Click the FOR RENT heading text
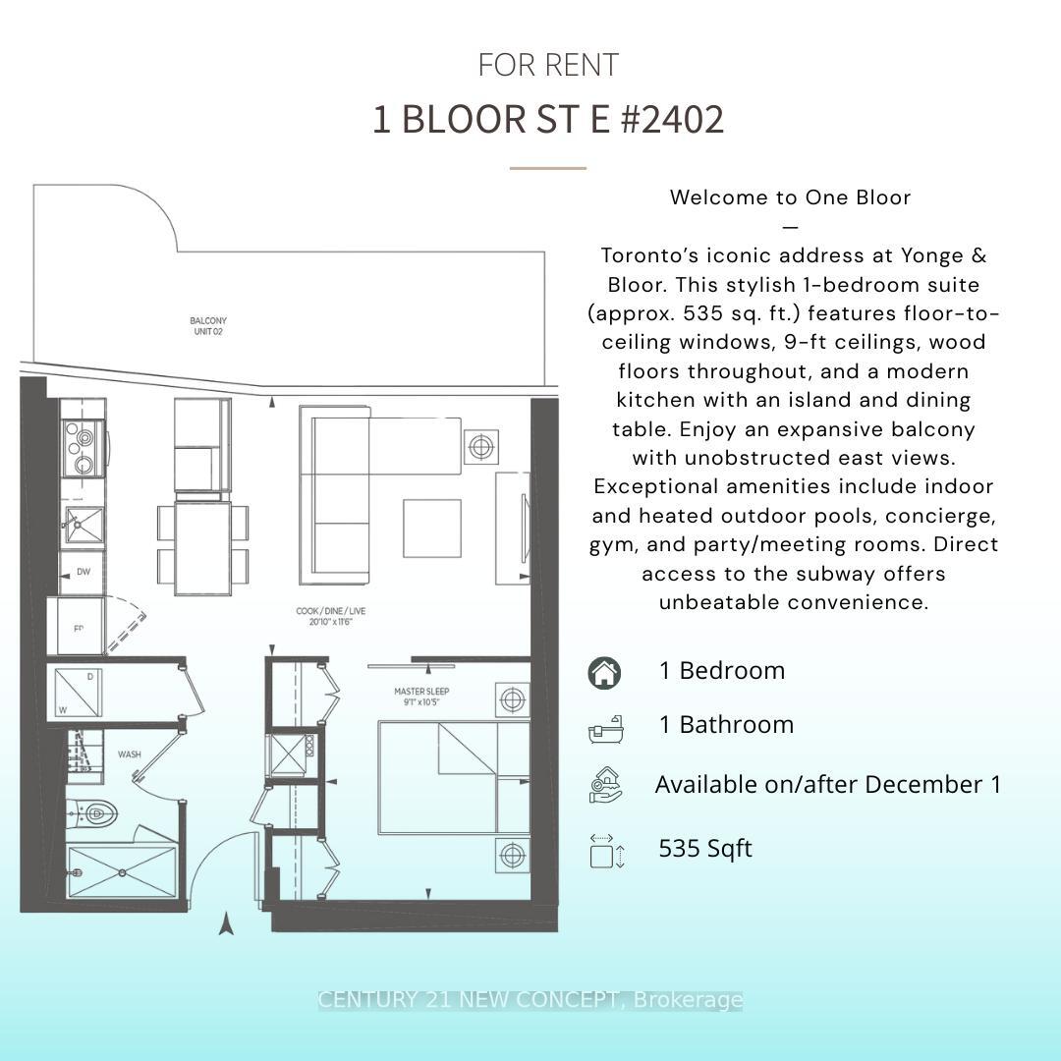click(548, 65)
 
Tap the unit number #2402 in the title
click(673, 120)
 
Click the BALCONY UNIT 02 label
click(208, 326)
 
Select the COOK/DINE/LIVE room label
click(331, 616)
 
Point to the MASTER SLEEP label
click(421, 697)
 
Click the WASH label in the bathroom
click(129, 754)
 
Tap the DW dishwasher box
click(83, 572)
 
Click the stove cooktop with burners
click(83, 447)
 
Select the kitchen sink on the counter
click(84, 524)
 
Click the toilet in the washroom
click(94, 813)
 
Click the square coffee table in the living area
click(431, 529)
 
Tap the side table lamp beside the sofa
click(480, 447)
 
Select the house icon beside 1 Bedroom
click(604, 673)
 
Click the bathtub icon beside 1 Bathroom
click(604, 728)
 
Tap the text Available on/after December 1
click(827, 785)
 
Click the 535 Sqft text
click(704, 849)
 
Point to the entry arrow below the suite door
click(226, 923)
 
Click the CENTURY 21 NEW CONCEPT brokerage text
click(530, 1000)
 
